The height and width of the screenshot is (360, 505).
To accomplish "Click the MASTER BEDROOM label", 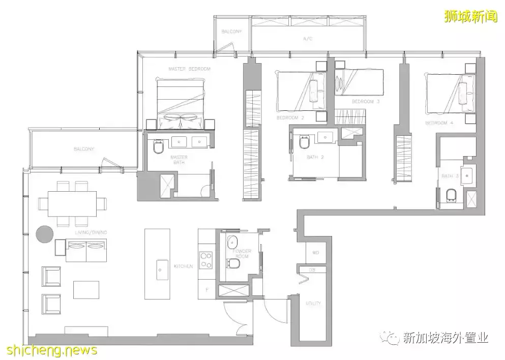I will coord(189,69).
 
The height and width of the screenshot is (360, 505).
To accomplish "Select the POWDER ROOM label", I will coord(242,253).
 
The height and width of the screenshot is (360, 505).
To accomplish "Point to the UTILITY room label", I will coord(313,304).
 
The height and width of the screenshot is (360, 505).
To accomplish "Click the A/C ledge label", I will coord(307,39).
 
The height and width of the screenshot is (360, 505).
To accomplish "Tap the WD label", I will coord(315,253).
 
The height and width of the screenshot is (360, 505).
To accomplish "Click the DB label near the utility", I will coord(312,270).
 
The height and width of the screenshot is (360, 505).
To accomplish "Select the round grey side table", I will coord(45,234).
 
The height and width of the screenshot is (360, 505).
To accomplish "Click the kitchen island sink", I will coord(162,266).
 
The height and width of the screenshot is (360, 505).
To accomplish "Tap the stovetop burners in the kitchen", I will coord(206,260).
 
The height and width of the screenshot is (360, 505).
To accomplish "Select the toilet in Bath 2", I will coord(305,142).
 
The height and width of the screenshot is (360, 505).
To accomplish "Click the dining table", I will coord(72,203).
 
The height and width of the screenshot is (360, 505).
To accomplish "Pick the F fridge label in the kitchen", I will coord(206,290).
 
